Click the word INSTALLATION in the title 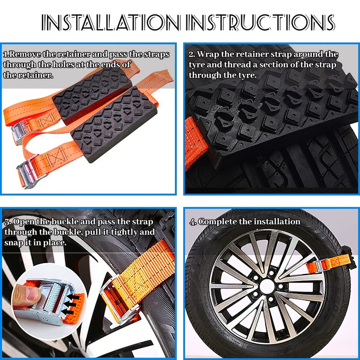[110, 22]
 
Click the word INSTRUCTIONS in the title [260, 22]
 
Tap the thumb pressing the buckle [27, 294]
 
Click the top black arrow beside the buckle [74, 297]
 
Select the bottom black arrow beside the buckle [68, 311]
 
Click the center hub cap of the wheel [267, 286]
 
